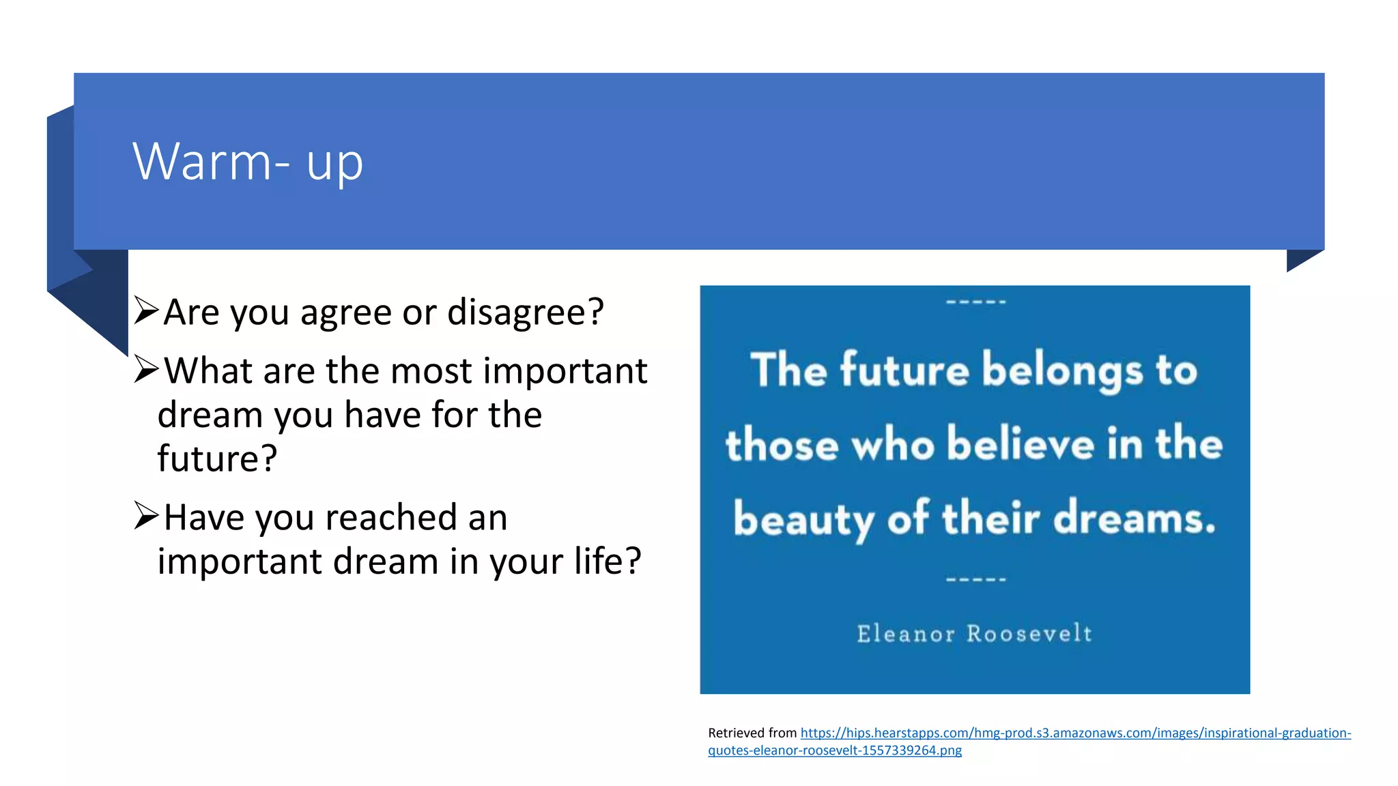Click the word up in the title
tap(334, 164)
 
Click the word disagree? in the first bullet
tap(525, 312)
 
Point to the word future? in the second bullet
tap(217, 458)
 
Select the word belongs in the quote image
tap(1062, 370)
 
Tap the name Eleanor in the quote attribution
tap(905, 634)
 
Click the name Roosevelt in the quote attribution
tap(1029, 634)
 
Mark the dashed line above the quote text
tap(975, 302)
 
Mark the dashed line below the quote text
tap(975, 579)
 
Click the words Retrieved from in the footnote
tap(752, 733)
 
